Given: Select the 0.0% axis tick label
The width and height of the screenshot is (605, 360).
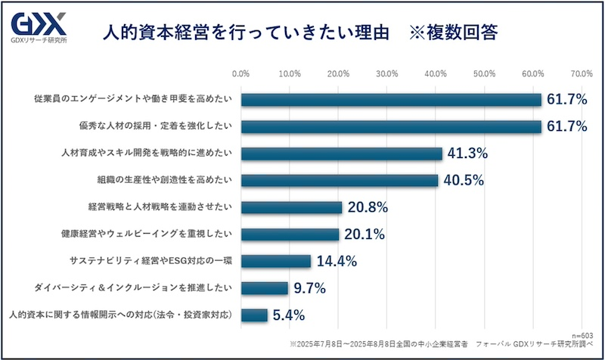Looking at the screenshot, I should pyautogui.click(x=241, y=74).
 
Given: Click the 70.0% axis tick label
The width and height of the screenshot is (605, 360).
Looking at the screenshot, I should pyautogui.click(x=581, y=74).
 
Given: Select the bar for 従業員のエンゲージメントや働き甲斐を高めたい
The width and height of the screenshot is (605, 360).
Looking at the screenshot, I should pyautogui.click(x=392, y=100).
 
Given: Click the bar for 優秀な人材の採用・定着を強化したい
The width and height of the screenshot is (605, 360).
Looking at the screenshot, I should pyautogui.click(x=392, y=126).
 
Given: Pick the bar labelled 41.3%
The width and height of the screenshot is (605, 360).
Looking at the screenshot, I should pyautogui.click(x=342, y=154).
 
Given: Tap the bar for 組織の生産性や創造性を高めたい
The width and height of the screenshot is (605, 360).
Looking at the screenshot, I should pyautogui.click(x=340, y=181).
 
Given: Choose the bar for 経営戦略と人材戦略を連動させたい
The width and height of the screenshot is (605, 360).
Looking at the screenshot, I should pyautogui.click(x=292, y=207).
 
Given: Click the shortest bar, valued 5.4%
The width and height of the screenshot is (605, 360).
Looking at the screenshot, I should pyautogui.click(x=255, y=315).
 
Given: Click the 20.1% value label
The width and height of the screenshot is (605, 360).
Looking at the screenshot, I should pyautogui.click(x=363, y=234).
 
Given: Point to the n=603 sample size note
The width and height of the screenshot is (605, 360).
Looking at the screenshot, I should pyautogui.click(x=584, y=333).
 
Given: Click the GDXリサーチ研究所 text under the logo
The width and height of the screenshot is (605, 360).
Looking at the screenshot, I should pyautogui.click(x=38, y=39).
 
